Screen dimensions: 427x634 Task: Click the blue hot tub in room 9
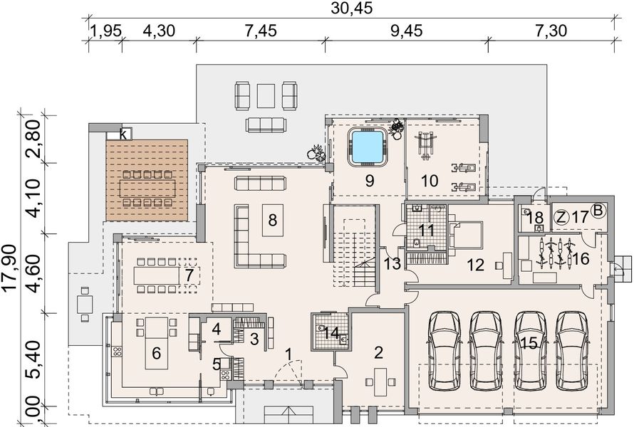(368, 145)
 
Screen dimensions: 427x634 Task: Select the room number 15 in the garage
(528, 343)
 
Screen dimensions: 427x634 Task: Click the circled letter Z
(561, 217)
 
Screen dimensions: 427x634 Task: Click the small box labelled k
(123, 134)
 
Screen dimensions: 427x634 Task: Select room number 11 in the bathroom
(427, 229)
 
